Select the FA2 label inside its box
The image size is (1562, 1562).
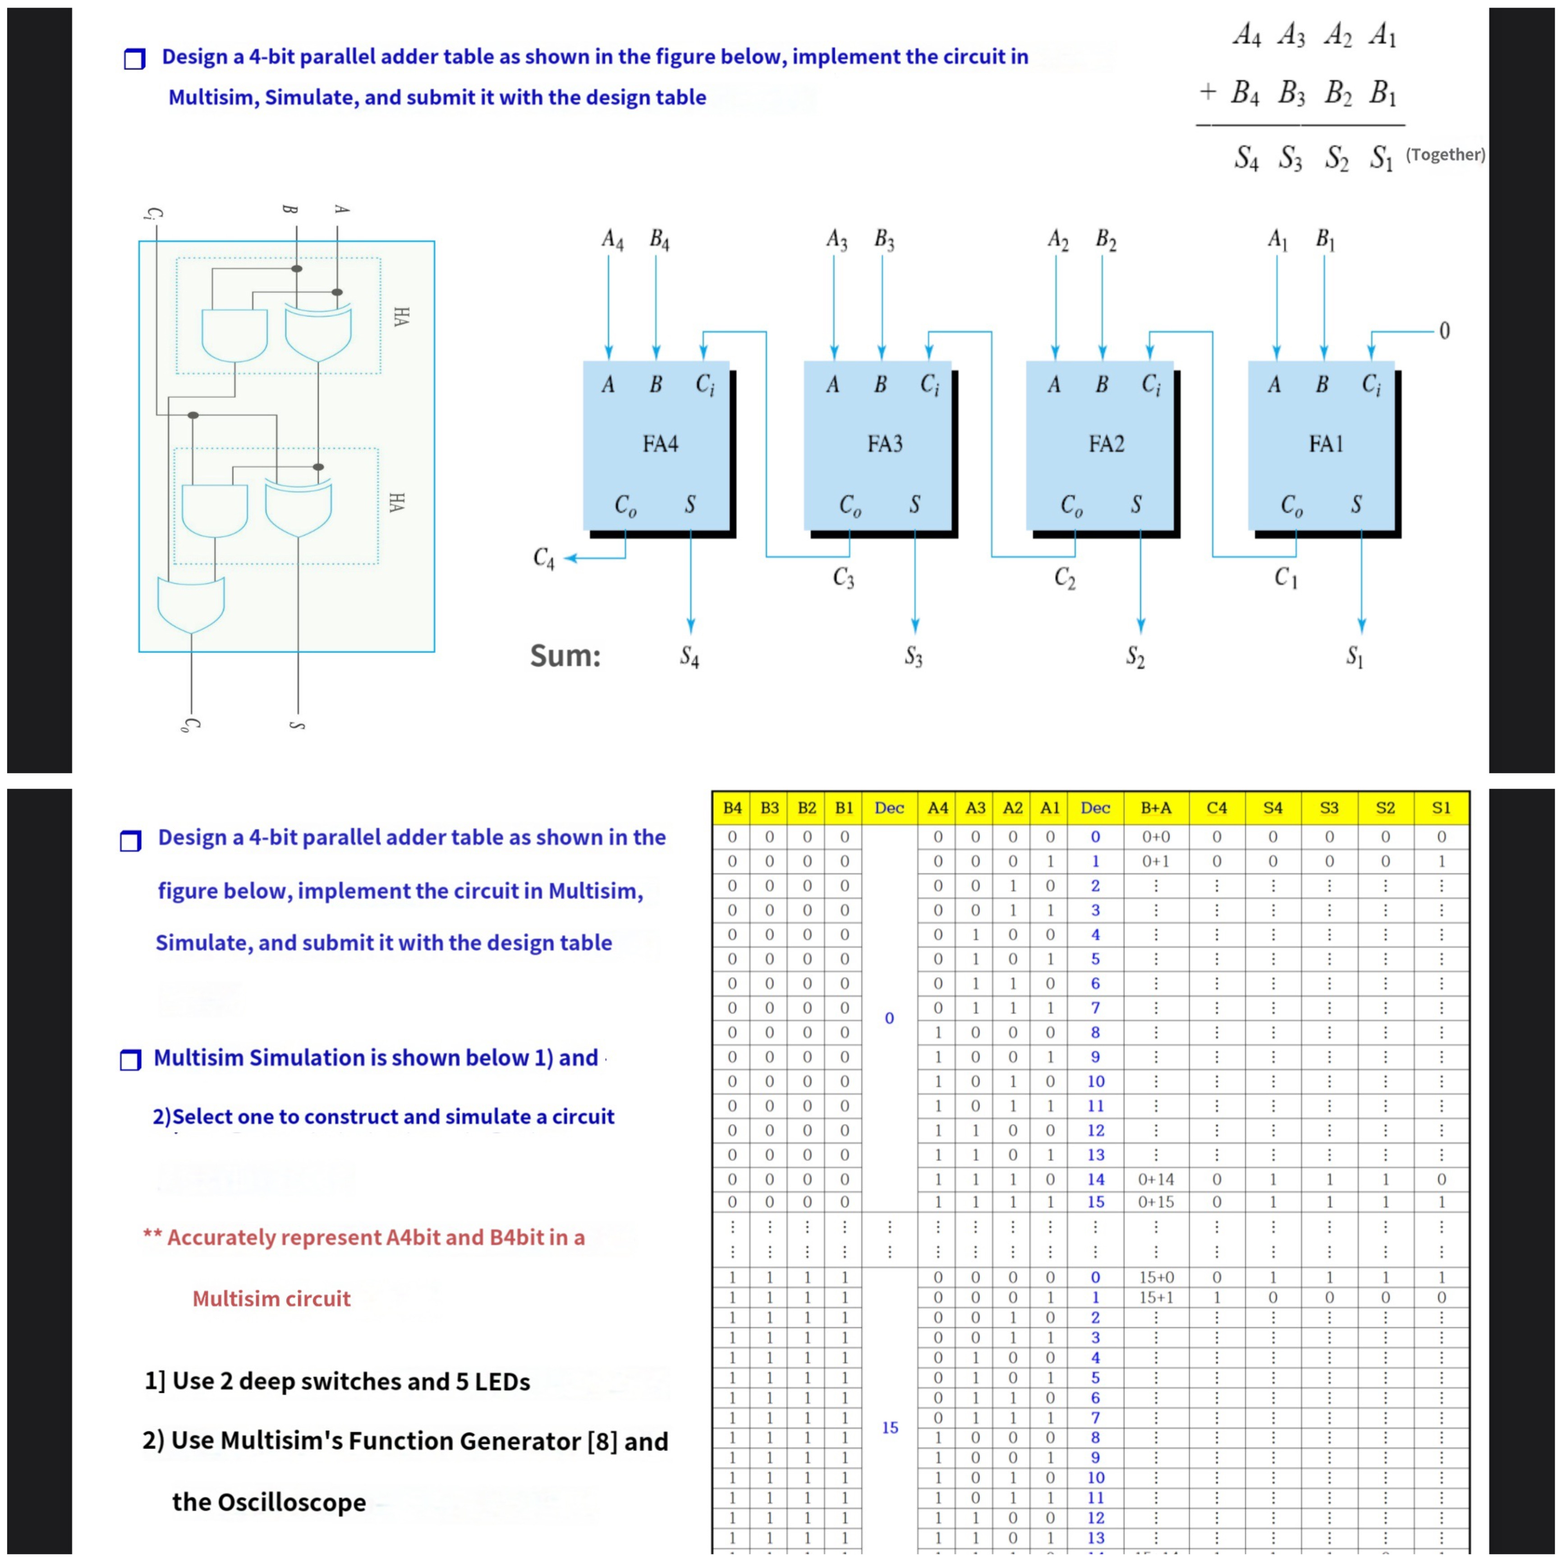(x=1106, y=444)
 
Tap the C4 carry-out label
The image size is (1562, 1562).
(x=544, y=558)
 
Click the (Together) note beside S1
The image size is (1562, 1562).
(x=1445, y=154)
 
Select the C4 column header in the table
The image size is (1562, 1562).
(x=1216, y=808)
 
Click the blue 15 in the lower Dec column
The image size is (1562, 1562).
(x=889, y=1428)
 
